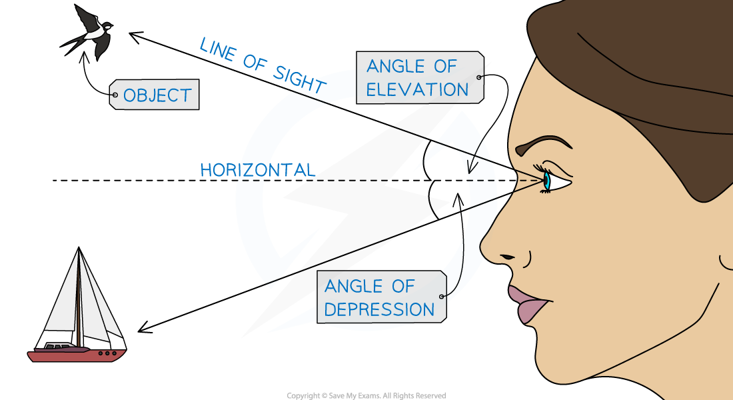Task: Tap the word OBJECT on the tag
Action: (x=157, y=96)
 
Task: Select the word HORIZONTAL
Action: (x=257, y=170)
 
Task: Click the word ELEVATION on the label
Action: (x=418, y=90)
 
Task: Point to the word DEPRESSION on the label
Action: (x=379, y=309)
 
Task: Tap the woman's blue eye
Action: (x=547, y=181)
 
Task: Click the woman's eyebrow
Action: (x=544, y=143)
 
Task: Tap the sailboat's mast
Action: (x=79, y=300)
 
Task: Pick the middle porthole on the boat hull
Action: (x=107, y=353)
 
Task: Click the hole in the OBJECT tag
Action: (x=115, y=96)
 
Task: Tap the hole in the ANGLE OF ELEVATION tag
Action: (x=478, y=77)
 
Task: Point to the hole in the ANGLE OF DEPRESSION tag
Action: (x=440, y=297)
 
